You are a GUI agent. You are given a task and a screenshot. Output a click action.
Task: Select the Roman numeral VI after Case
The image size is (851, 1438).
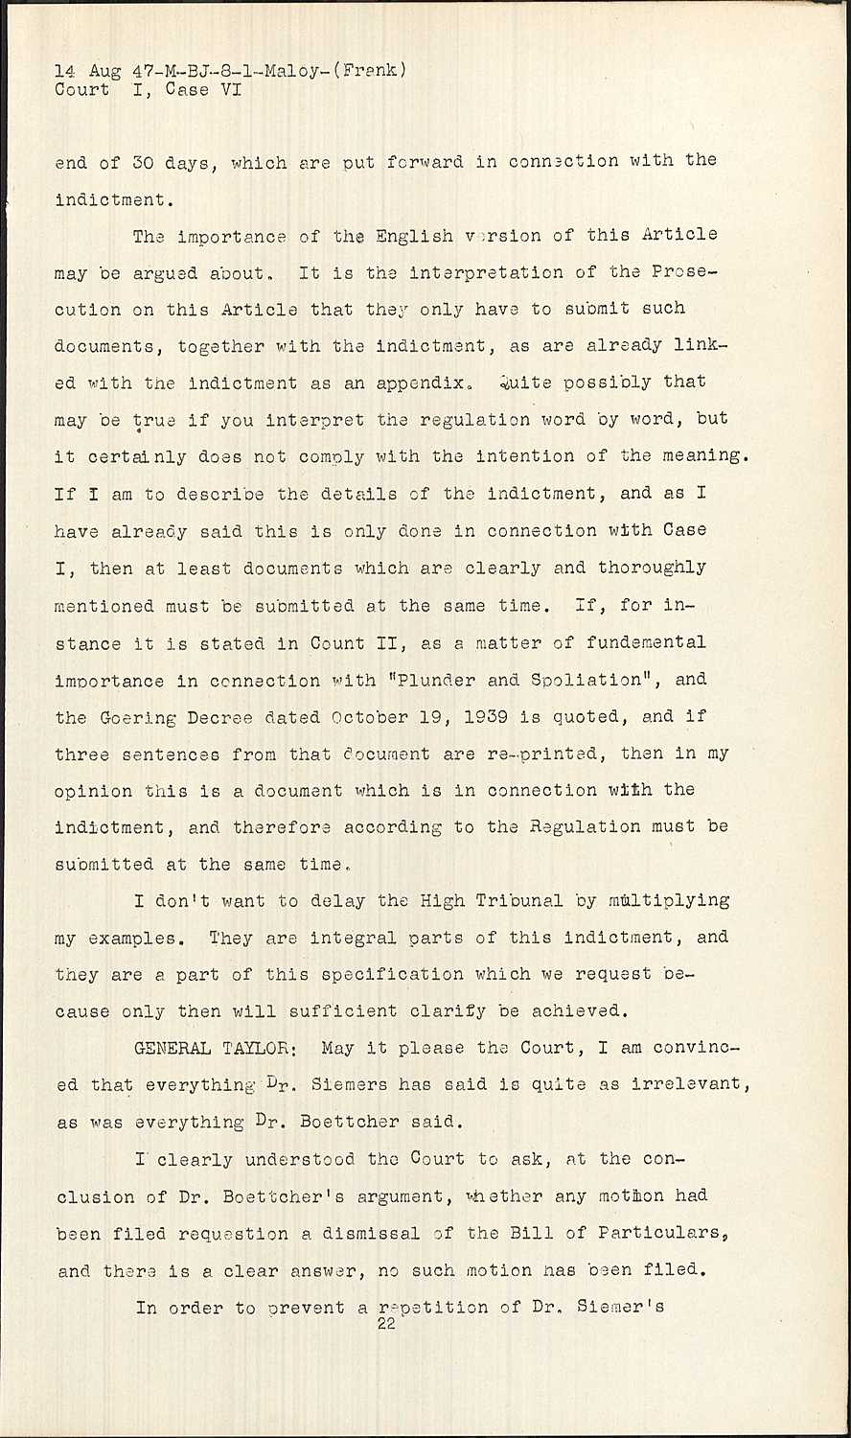click(x=229, y=90)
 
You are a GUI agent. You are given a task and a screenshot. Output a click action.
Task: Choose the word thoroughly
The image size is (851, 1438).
click(x=652, y=568)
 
